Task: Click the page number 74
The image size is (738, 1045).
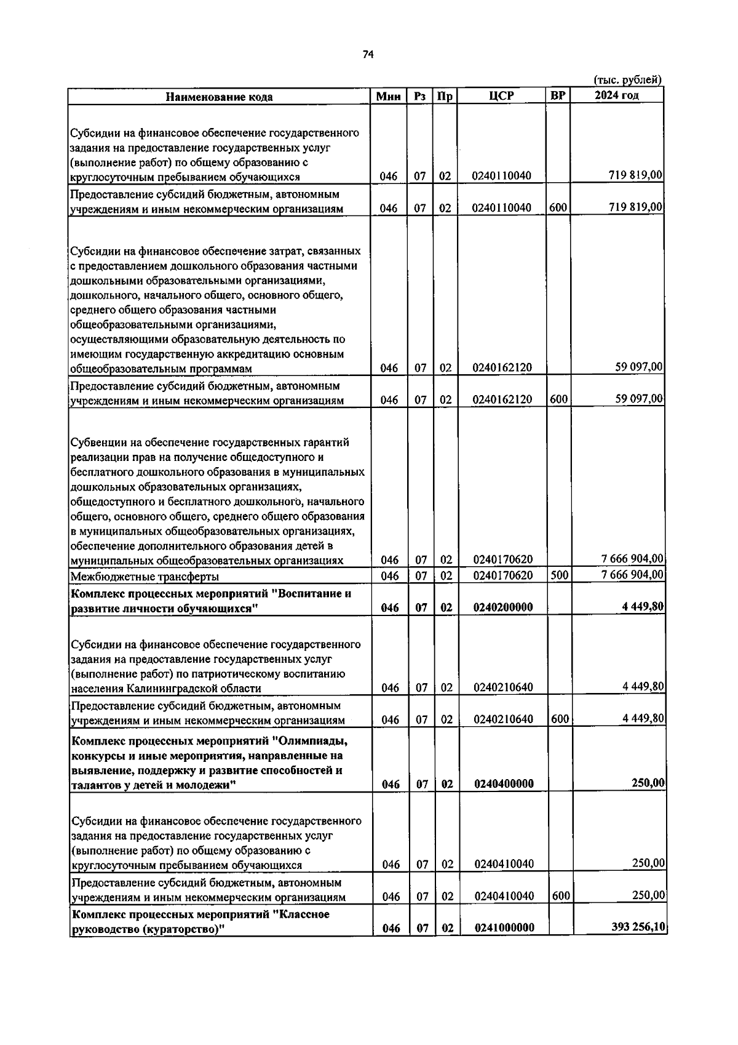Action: click(x=368, y=55)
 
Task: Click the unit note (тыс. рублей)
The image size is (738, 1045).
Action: click(x=627, y=79)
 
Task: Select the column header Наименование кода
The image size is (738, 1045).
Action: click(x=219, y=97)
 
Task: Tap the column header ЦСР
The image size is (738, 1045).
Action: click(x=501, y=96)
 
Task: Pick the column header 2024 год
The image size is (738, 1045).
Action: click(x=616, y=95)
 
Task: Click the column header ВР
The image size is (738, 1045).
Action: click(x=558, y=95)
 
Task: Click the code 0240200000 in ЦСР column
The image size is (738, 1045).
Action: click(x=503, y=607)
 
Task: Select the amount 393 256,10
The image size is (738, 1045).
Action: click(x=638, y=927)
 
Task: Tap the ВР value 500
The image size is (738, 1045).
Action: click(x=558, y=575)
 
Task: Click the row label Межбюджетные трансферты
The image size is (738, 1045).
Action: click(x=145, y=577)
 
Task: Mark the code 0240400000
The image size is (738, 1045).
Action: click(x=504, y=783)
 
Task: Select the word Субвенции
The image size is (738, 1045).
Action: click(x=97, y=442)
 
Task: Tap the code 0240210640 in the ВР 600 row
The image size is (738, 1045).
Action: click(x=504, y=719)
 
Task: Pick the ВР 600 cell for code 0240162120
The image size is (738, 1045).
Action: click(x=558, y=399)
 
